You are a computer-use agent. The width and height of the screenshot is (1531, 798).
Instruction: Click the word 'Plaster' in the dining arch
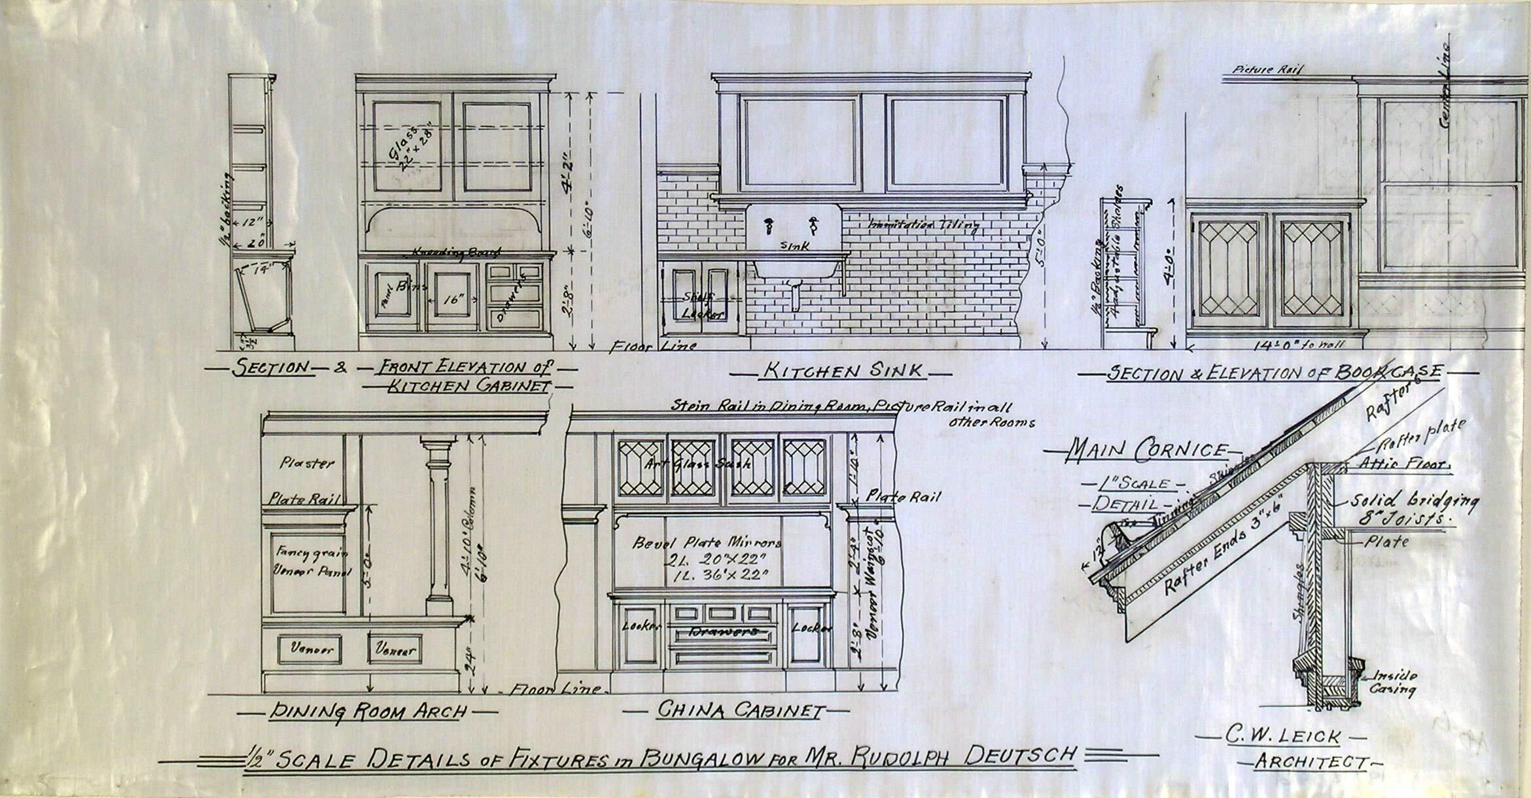307,463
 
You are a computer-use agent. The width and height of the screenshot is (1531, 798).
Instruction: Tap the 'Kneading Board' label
456,252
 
